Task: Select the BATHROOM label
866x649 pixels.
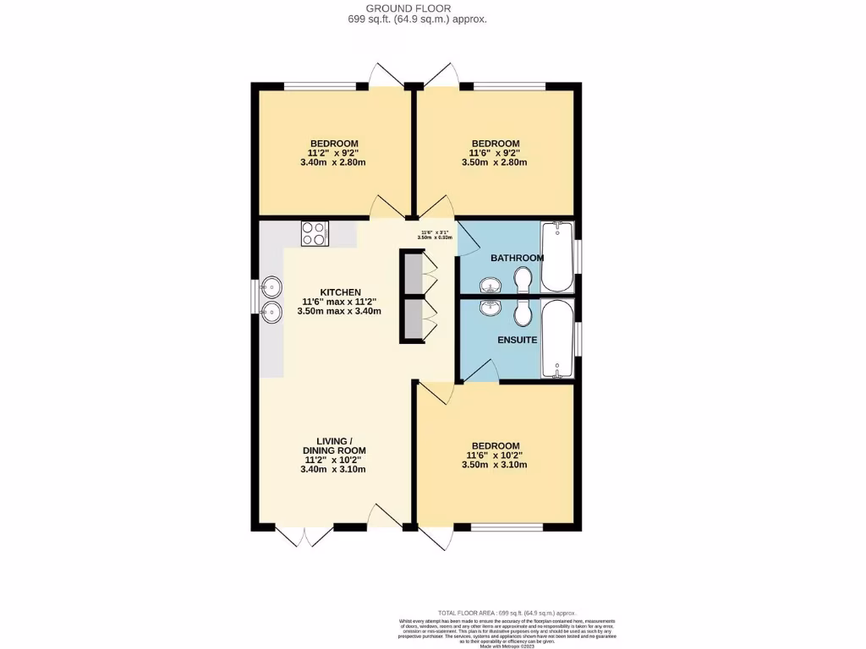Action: point(517,257)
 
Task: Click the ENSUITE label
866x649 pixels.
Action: point(517,340)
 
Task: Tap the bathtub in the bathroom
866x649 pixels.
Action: point(556,256)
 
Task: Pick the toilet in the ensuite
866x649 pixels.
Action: point(523,312)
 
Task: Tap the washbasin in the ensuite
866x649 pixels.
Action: point(489,308)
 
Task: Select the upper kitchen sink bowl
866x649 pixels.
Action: point(271,287)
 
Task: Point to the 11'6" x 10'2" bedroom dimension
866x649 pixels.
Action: point(495,455)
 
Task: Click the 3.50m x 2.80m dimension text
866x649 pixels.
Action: point(495,162)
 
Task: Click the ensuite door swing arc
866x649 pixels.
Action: point(480,370)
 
